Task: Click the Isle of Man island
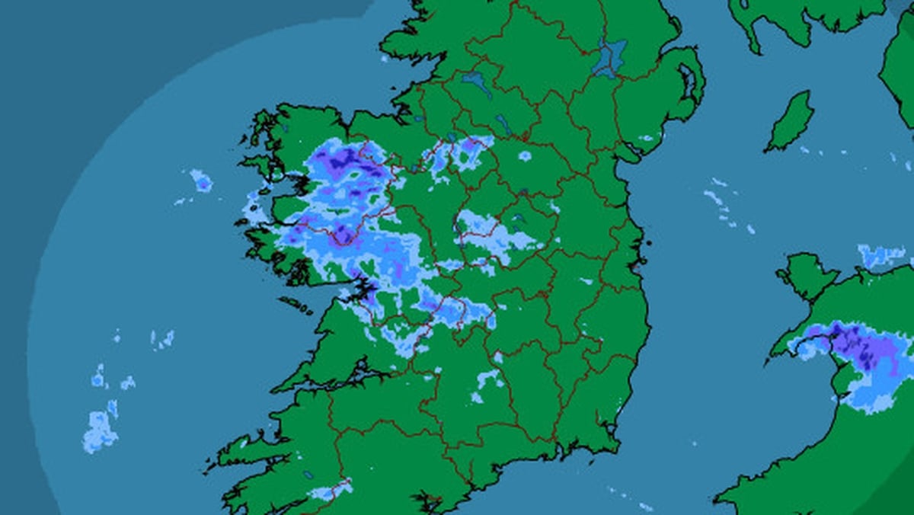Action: click(790, 121)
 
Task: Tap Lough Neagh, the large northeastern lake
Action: click(610, 57)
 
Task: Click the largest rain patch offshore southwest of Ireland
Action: click(100, 430)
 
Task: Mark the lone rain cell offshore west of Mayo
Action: click(201, 181)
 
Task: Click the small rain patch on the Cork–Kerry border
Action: click(331, 490)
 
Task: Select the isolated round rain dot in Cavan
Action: click(525, 156)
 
